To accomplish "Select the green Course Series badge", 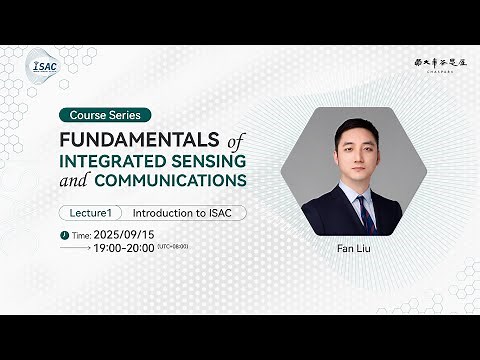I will (x=105, y=115).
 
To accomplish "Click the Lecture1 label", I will (x=91, y=213).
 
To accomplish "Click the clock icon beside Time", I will (x=65, y=235).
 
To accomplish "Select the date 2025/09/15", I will (x=132, y=234).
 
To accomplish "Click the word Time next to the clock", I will (x=82, y=235).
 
